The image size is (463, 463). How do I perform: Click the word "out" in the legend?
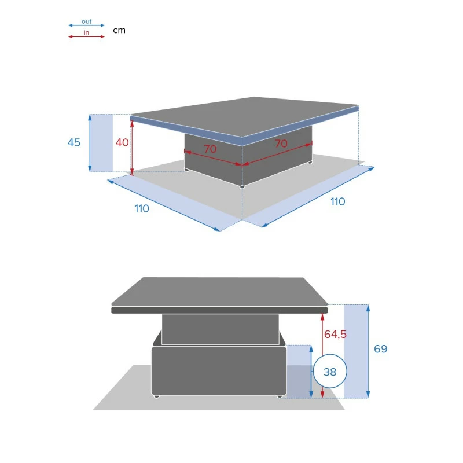coord(86,21)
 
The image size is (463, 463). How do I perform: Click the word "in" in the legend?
coord(86,32)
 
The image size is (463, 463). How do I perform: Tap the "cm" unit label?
coord(119,30)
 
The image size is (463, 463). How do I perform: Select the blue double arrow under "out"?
coord(86,25)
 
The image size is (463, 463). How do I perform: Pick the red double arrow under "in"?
coord(86,36)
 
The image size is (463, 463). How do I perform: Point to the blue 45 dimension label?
coord(74,142)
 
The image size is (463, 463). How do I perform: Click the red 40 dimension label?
coord(122,142)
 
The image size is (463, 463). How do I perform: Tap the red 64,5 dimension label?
coord(335,334)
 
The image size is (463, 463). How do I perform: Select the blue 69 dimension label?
coord(380,349)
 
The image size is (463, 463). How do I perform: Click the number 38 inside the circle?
coord(330,372)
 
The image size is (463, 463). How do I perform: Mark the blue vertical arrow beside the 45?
coord(90,143)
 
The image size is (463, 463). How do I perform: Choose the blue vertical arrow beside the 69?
coord(368,351)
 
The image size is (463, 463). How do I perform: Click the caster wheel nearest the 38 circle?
coord(280,396)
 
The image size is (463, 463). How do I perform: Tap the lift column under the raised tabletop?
coord(220,329)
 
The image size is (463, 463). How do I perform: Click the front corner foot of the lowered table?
coord(242,187)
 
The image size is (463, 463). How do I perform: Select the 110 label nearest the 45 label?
coord(142,208)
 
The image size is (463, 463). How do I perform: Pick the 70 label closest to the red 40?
coord(210,149)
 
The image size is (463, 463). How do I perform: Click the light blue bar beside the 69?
coord(355,351)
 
